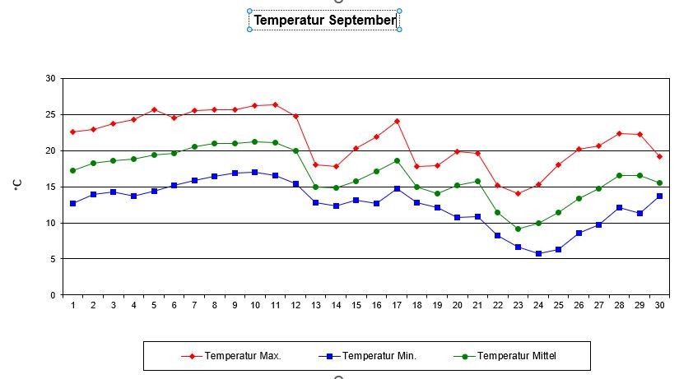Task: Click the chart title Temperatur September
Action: pos(324,20)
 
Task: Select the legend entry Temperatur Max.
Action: pos(243,356)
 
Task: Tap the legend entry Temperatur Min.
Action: pos(379,356)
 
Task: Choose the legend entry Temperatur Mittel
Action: pos(522,356)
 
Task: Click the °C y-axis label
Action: pos(17,187)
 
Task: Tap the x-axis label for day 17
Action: pos(397,306)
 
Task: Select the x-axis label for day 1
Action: pos(73,306)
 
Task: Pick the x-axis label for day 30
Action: pos(659,306)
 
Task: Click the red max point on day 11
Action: pos(275,104)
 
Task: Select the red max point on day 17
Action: pos(397,121)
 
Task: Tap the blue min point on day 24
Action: pos(538,253)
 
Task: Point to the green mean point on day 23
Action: pos(518,229)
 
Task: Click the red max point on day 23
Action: pos(518,193)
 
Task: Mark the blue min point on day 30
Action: pos(659,196)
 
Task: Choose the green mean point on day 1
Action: pos(73,170)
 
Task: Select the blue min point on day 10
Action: pos(255,172)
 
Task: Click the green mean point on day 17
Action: pos(397,160)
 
